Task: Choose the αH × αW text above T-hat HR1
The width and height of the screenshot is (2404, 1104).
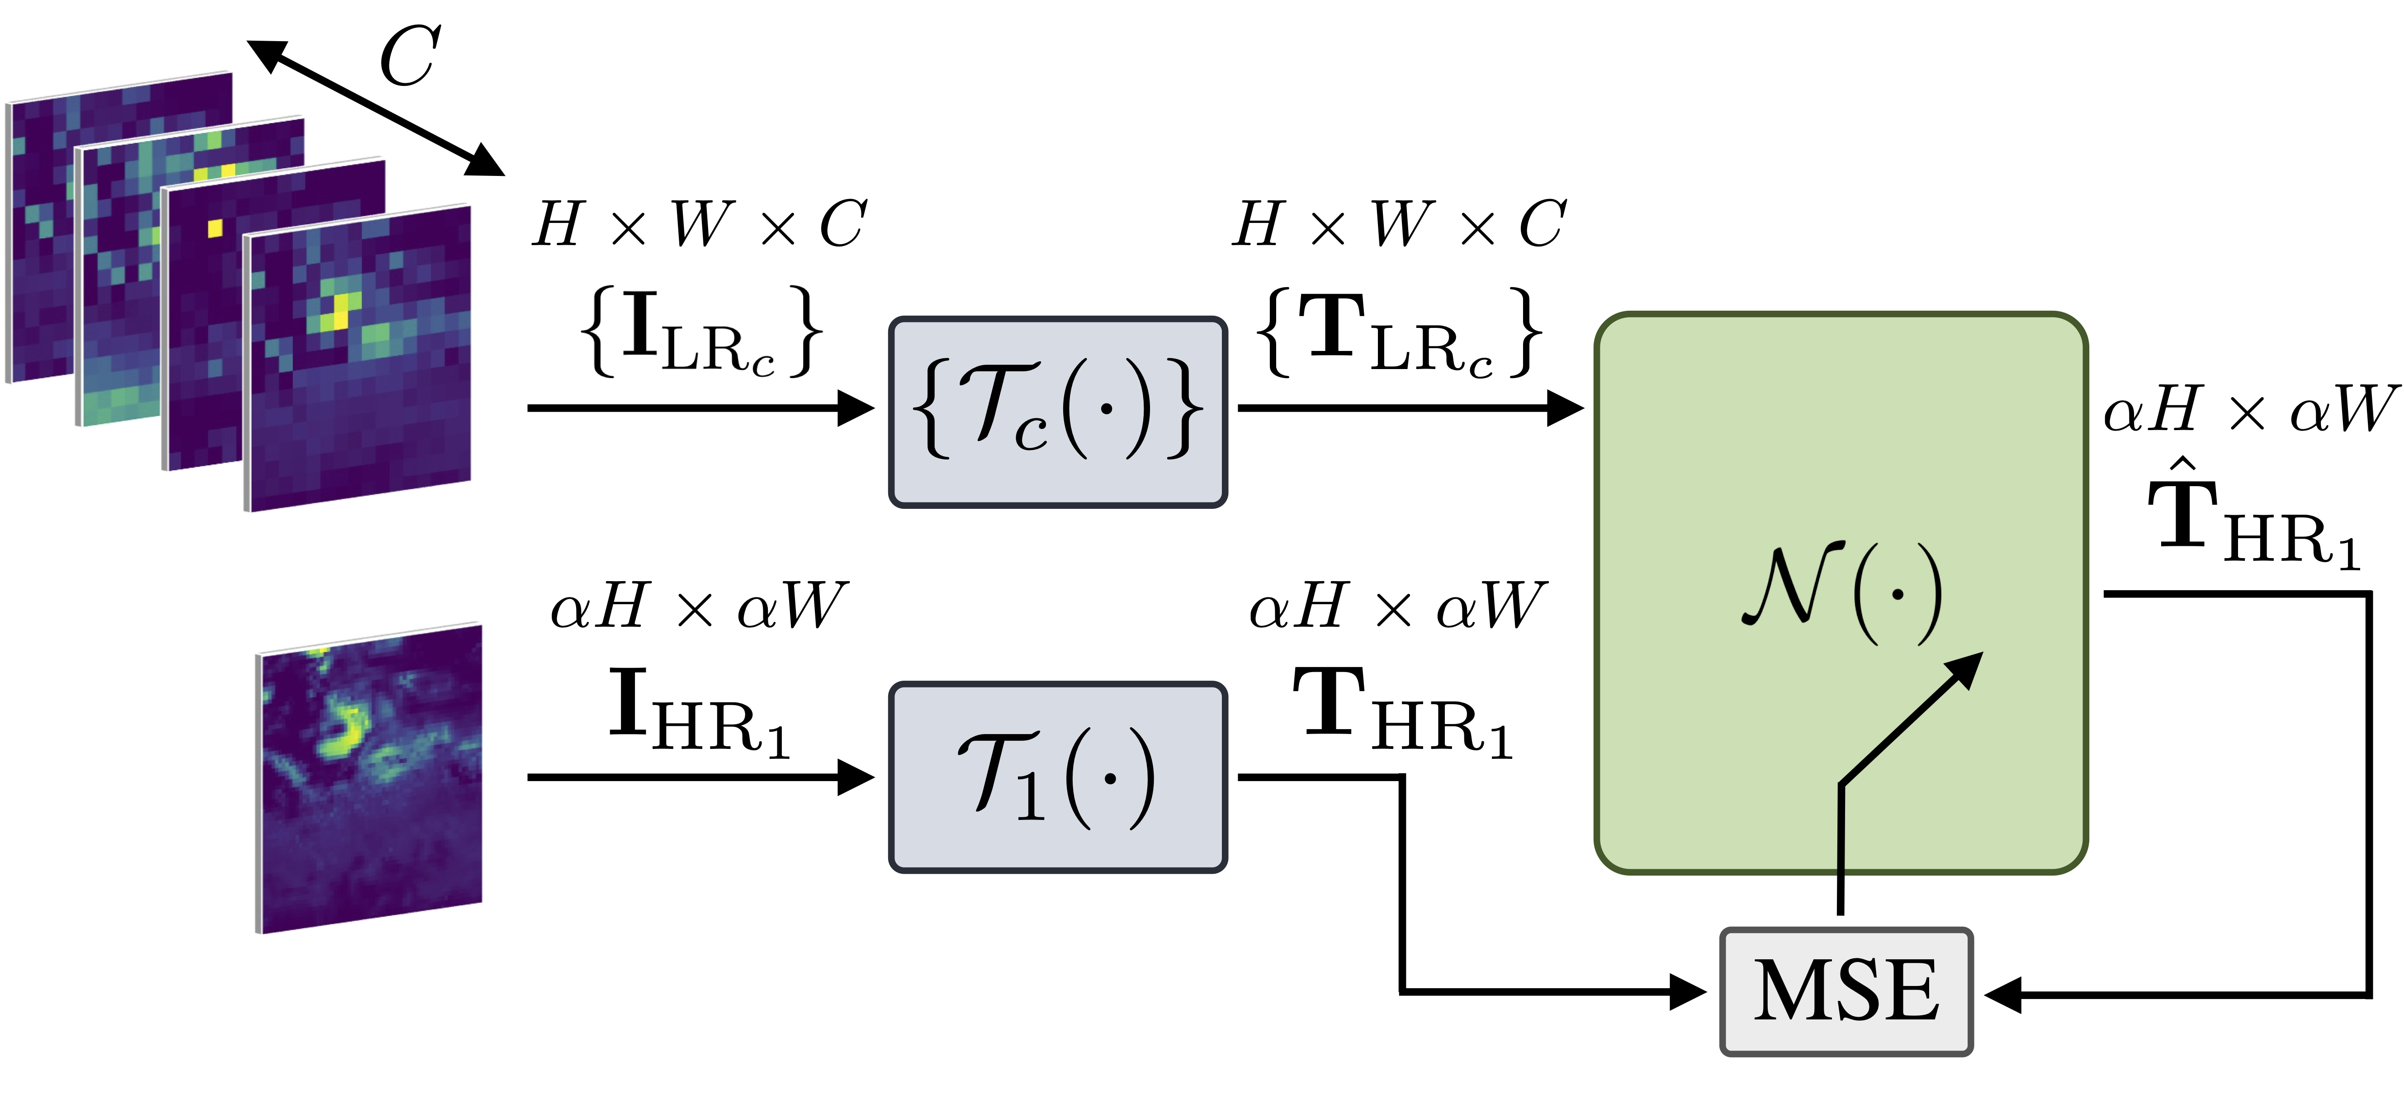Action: (2249, 411)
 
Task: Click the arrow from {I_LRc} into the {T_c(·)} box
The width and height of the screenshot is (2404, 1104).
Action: (700, 408)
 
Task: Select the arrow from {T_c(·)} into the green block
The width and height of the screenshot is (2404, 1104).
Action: (1409, 408)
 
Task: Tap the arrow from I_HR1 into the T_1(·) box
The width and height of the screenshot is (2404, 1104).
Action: (700, 777)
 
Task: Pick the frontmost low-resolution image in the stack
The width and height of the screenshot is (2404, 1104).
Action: (360, 359)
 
